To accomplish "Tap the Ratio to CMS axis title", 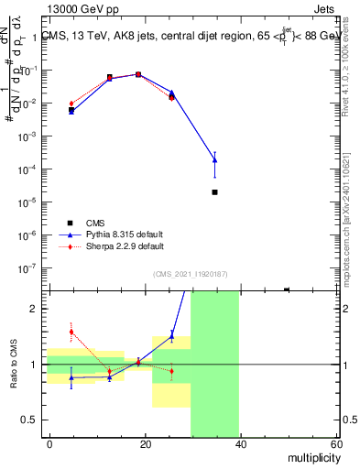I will [15, 365].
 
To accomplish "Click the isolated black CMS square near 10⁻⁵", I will [214, 192].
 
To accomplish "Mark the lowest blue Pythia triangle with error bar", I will [214, 160].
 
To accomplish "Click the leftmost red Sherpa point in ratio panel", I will [71, 332].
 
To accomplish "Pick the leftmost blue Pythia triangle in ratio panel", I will [71, 376].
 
